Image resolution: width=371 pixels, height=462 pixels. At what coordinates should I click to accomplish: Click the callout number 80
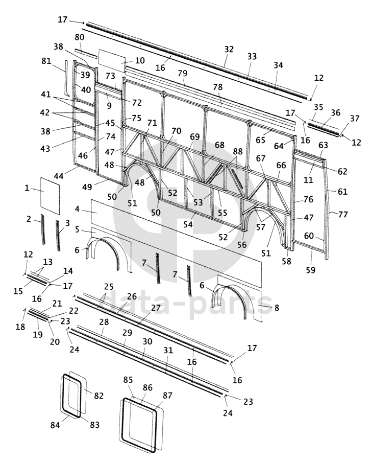click(80, 37)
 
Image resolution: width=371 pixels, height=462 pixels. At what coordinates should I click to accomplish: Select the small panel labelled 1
click(50, 196)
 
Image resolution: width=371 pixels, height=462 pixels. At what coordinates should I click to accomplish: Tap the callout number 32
click(229, 49)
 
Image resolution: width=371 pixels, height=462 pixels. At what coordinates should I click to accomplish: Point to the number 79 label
click(182, 73)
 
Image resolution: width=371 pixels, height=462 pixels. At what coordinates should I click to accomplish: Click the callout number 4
click(77, 209)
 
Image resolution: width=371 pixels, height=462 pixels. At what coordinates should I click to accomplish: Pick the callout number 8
click(277, 308)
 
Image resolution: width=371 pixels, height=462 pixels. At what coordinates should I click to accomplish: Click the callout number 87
click(167, 396)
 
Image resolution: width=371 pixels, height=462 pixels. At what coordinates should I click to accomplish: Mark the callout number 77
click(343, 214)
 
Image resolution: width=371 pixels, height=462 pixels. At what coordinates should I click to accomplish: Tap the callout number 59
click(310, 270)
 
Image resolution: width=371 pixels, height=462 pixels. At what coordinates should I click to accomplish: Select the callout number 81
click(46, 61)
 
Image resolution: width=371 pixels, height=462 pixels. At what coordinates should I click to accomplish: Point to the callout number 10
click(140, 60)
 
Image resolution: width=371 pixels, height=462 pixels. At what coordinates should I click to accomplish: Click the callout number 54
click(188, 224)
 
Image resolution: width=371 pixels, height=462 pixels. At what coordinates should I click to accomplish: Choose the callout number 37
click(355, 118)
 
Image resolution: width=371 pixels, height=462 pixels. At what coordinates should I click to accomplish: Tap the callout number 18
click(20, 327)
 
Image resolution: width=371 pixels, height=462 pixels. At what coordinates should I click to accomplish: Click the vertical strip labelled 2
click(43, 229)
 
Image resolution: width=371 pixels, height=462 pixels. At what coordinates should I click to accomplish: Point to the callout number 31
click(168, 350)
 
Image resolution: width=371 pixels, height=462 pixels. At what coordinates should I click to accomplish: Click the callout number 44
click(59, 176)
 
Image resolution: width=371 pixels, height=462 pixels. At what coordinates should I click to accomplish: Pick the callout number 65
click(260, 140)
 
